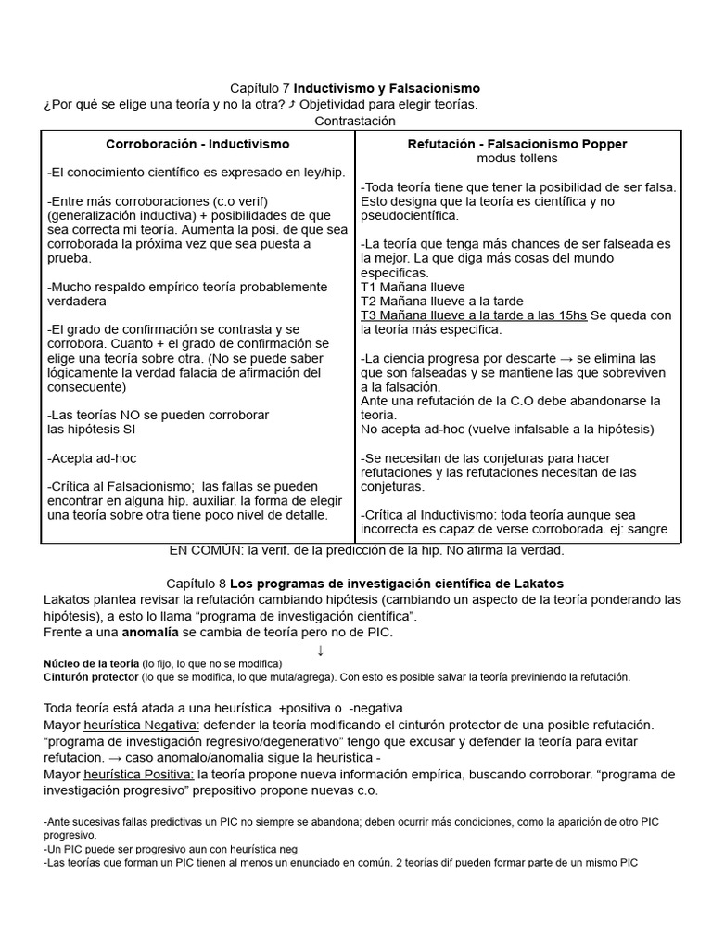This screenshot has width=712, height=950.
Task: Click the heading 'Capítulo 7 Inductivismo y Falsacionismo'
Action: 355,87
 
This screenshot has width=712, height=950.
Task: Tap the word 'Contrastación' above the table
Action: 355,121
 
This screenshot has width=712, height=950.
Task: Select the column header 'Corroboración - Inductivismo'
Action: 197,144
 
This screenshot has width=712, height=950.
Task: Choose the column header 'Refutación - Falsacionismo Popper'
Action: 517,144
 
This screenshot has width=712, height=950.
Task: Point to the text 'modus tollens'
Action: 517,159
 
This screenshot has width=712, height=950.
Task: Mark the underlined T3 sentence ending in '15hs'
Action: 474,315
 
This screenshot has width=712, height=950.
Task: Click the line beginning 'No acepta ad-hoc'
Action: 507,430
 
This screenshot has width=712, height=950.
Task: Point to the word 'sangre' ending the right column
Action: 660,530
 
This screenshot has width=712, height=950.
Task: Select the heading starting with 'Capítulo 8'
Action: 364,583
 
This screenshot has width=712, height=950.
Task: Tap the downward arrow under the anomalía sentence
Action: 321,649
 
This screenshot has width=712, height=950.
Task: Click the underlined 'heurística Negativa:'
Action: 141,724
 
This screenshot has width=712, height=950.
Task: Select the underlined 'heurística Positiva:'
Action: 139,774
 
